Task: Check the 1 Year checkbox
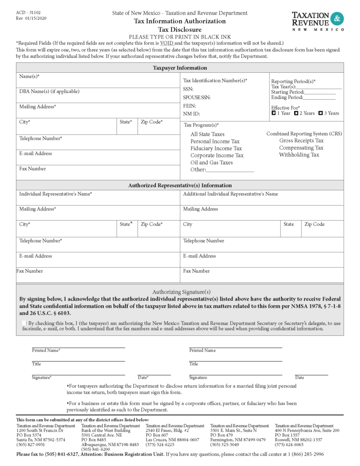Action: point(274,113)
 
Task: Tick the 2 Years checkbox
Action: point(296,113)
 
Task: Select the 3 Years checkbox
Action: point(321,113)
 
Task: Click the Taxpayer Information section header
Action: point(179,68)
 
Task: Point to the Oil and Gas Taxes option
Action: point(211,162)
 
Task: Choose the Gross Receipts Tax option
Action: point(301,141)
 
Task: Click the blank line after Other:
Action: point(230,170)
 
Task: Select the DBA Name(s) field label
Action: point(49,91)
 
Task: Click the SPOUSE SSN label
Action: point(197,97)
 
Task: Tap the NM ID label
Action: point(191,114)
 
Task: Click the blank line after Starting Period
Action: point(320,92)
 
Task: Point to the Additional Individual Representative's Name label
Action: point(230,194)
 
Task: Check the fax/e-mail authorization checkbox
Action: point(25,323)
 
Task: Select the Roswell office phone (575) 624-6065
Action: point(289,445)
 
